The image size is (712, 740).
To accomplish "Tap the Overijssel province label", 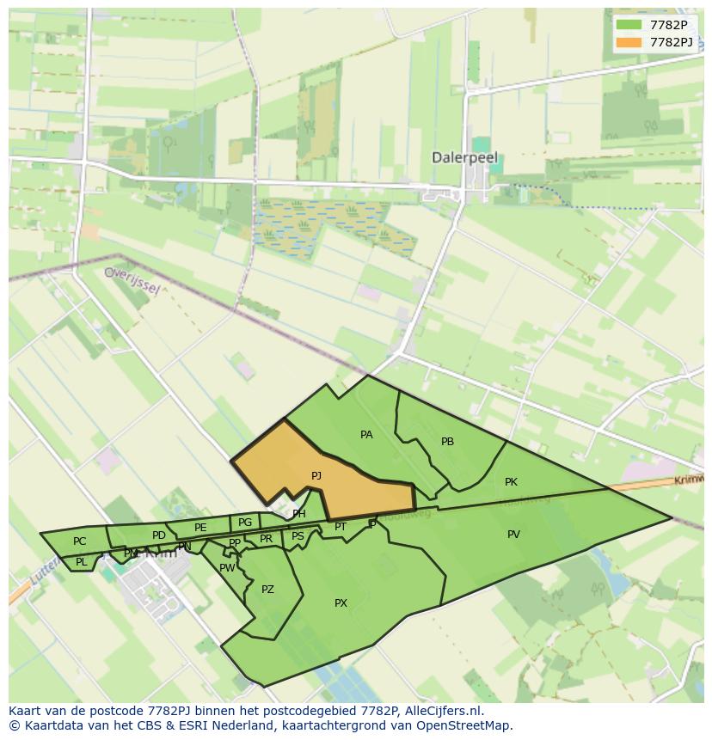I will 132,279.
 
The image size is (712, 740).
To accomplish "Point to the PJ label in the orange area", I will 316,475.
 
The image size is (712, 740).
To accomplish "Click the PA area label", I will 366,435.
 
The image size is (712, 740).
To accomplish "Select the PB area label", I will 447,442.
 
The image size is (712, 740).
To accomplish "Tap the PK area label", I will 511,482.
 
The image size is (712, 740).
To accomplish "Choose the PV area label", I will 513,535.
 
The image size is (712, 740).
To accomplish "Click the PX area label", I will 341,603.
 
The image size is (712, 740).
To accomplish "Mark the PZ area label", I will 267,590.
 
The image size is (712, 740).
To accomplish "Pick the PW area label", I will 227,568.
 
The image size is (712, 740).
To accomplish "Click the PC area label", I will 79,541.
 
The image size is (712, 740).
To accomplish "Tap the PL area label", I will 81,563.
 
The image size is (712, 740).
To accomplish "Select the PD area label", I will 158,535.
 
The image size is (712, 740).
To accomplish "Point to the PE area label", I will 200,528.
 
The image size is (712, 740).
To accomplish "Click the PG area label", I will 245,523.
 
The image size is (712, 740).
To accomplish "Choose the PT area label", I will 341,527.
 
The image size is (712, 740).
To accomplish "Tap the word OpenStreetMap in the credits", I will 468,725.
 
